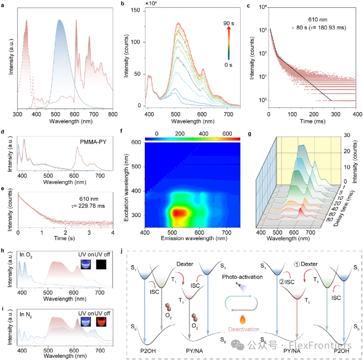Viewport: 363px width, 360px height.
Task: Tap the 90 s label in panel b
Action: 229,24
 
